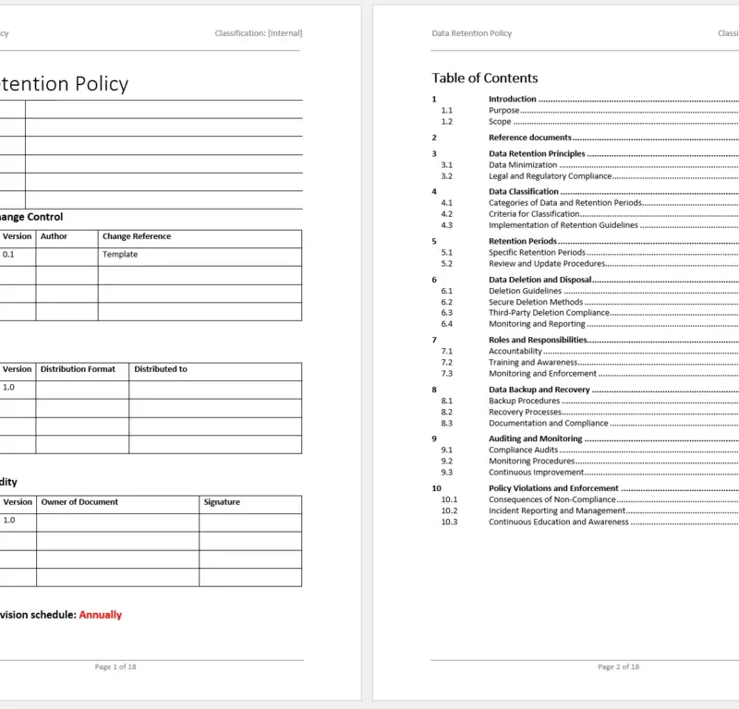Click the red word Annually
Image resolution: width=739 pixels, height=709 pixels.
[x=100, y=615]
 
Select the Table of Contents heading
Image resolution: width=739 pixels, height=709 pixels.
[x=484, y=78]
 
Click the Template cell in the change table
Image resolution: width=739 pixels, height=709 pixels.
[x=120, y=255]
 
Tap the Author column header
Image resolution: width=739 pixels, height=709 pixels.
[x=54, y=236]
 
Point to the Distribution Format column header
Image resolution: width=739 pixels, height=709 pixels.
[x=78, y=369]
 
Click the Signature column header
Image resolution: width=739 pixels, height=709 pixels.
[x=222, y=502]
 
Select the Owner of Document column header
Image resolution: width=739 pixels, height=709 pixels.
[x=79, y=502]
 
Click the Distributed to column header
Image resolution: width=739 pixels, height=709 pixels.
[x=161, y=369]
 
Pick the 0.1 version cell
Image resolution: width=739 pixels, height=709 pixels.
[x=8, y=255]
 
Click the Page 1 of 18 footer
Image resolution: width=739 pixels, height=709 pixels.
[x=116, y=667]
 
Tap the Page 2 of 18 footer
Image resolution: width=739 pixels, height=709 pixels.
[x=618, y=667]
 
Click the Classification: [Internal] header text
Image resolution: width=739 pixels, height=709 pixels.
[x=258, y=33]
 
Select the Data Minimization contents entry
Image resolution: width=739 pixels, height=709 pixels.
[x=523, y=165]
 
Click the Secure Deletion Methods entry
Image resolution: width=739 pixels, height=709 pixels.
[x=536, y=302]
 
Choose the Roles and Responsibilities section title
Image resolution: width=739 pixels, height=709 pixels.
[x=538, y=340]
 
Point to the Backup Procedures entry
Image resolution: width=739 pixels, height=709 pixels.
[x=524, y=401]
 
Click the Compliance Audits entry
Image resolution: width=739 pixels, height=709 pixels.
[x=523, y=450]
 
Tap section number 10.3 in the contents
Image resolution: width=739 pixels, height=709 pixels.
[x=449, y=522]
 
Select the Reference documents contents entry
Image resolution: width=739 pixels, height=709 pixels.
[x=529, y=138]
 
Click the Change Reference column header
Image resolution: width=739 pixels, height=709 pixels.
[x=136, y=236]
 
